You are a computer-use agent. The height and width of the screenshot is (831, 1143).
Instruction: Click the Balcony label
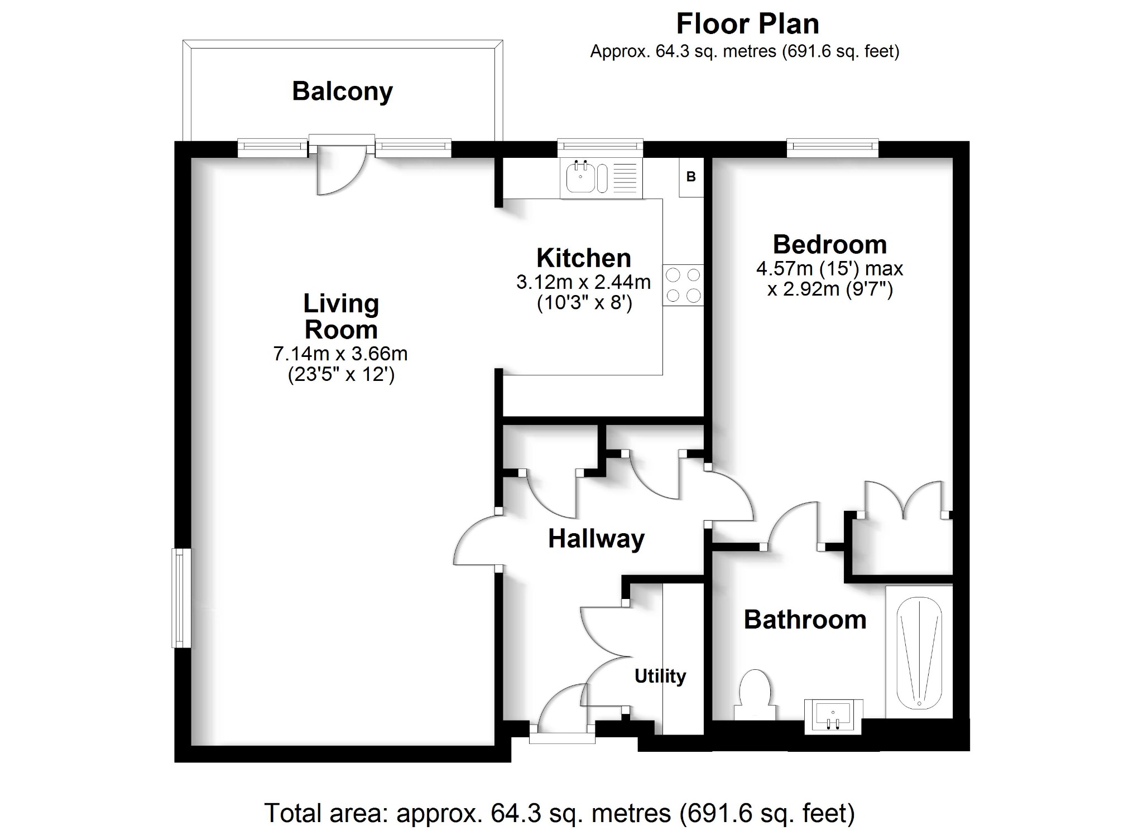[x=342, y=91]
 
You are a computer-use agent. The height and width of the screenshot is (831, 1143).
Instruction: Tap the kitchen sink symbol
[x=581, y=178]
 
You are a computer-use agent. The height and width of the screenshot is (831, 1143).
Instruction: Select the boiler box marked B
[x=691, y=177]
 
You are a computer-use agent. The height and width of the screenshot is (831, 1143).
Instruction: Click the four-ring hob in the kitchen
[x=683, y=285]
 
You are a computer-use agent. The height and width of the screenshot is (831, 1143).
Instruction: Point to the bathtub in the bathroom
[x=919, y=653]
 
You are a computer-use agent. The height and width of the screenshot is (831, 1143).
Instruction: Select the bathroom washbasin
[x=833, y=716]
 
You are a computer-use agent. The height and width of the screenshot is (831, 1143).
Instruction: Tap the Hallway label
[x=596, y=539]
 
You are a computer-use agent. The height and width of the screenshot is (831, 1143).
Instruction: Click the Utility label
[x=660, y=676]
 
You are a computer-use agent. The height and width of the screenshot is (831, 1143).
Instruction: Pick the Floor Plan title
[x=747, y=24]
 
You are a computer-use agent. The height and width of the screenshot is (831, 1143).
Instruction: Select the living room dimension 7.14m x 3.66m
[x=340, y=354]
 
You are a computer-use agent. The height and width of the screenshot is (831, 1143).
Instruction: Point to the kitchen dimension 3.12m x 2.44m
[x=583, y=282]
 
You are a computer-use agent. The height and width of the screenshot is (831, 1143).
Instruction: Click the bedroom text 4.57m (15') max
[x=829, y=269]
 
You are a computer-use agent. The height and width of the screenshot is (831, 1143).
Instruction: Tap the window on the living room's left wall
[x=181, y=598]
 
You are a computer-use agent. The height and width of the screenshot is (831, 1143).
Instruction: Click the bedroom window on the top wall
[x=833, y=147]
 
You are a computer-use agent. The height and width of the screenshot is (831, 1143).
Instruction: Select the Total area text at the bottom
[x=559, y=813]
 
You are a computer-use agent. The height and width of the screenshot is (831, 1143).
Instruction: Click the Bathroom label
[x=805, y=620]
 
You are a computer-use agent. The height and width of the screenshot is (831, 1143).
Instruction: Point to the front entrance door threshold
[x=562, y=738]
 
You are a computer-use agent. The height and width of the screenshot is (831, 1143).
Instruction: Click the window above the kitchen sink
[x=600, y=147]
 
